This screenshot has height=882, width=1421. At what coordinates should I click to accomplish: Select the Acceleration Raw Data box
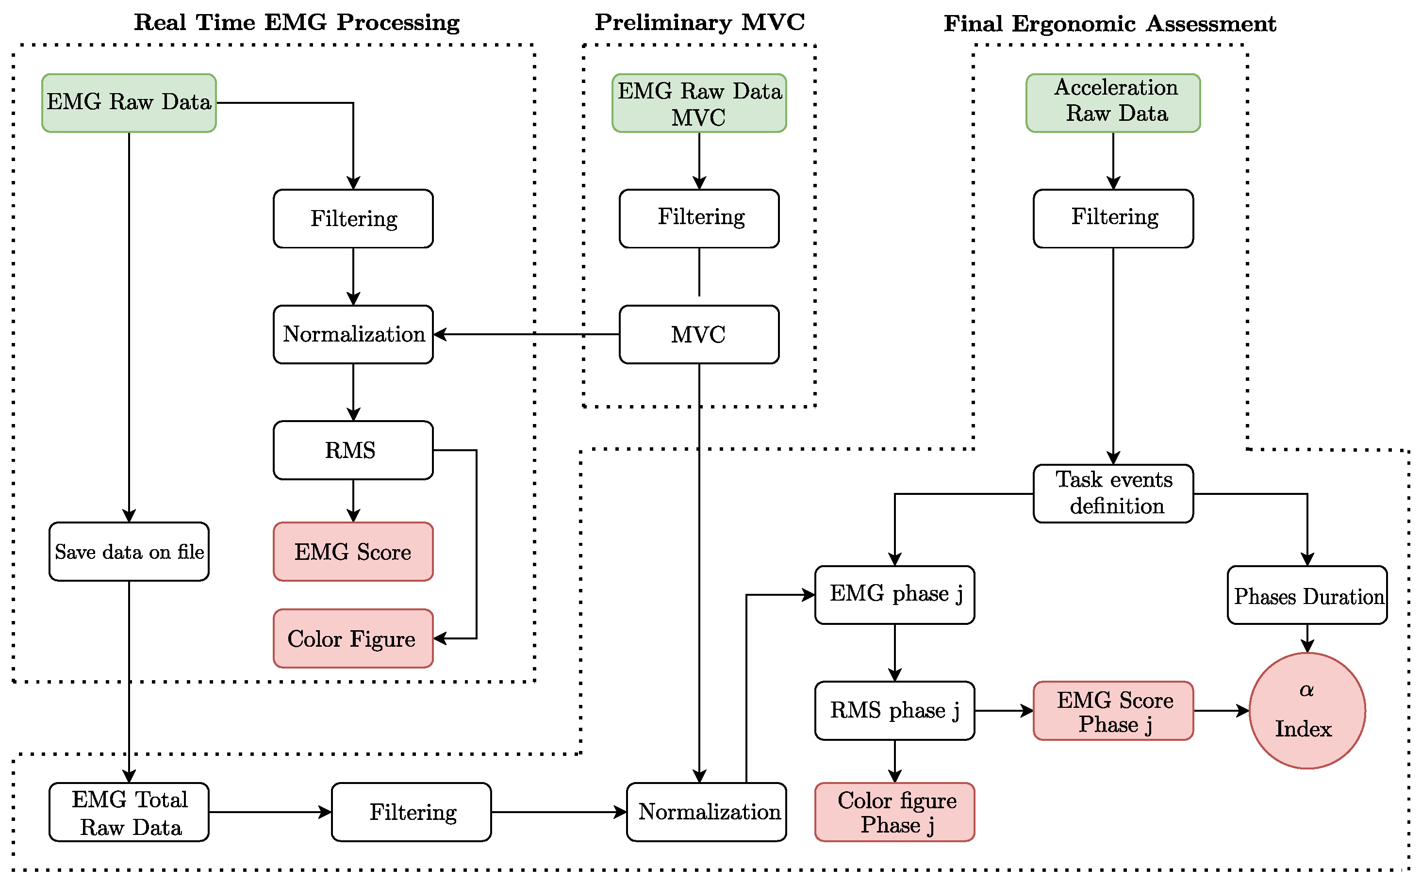[1113, 103]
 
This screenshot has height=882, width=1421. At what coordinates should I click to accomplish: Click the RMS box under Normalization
[353, 450]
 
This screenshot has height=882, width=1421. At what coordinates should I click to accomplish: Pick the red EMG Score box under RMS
[353, 552]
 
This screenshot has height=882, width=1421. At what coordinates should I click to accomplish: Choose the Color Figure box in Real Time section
[353, 639]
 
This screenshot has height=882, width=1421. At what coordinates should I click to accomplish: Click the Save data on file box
[129, 552]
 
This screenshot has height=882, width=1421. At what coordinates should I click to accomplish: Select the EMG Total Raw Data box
[129, 813]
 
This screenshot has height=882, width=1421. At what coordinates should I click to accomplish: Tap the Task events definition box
[1113, 493]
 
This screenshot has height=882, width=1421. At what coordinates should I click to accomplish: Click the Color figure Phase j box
[894, 813]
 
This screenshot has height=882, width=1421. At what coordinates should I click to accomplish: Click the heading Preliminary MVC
[699, 22]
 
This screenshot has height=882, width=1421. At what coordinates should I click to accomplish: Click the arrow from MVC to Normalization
[525, 334]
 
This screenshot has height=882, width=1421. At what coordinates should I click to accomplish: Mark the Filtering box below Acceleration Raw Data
[1113, 219]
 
